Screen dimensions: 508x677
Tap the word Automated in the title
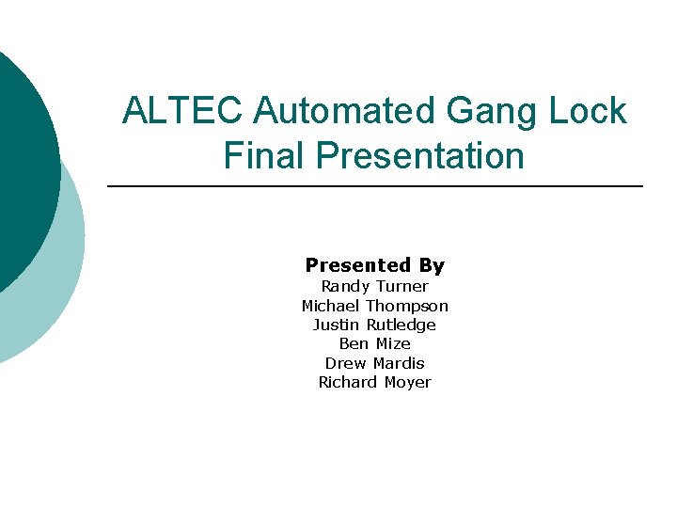coord(344,111)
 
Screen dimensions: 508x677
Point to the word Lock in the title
coord(590,111)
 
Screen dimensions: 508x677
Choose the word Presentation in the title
coord(420,155)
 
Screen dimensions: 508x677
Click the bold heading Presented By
coord(374,265)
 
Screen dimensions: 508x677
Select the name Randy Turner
coord(374,286)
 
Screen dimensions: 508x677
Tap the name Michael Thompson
coord(374,306)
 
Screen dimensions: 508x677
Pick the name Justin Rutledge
coord(374,325)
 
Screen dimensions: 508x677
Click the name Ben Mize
coord(374,343)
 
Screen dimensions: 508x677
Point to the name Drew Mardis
coord(374,363)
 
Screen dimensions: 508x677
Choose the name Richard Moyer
coord(374,382)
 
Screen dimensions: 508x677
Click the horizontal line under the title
coord(376,186)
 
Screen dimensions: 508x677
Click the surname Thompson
coord(407,306)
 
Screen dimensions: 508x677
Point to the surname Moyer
coord(407,382)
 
